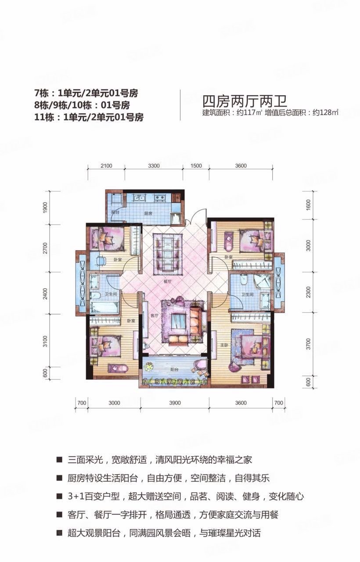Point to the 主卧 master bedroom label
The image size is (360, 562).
coord(223,345)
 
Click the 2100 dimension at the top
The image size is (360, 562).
coord(106,166)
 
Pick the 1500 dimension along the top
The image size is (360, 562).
coord(196,166)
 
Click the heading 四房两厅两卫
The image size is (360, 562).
coord(244,101)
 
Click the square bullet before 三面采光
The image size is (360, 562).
coord(58,461)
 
